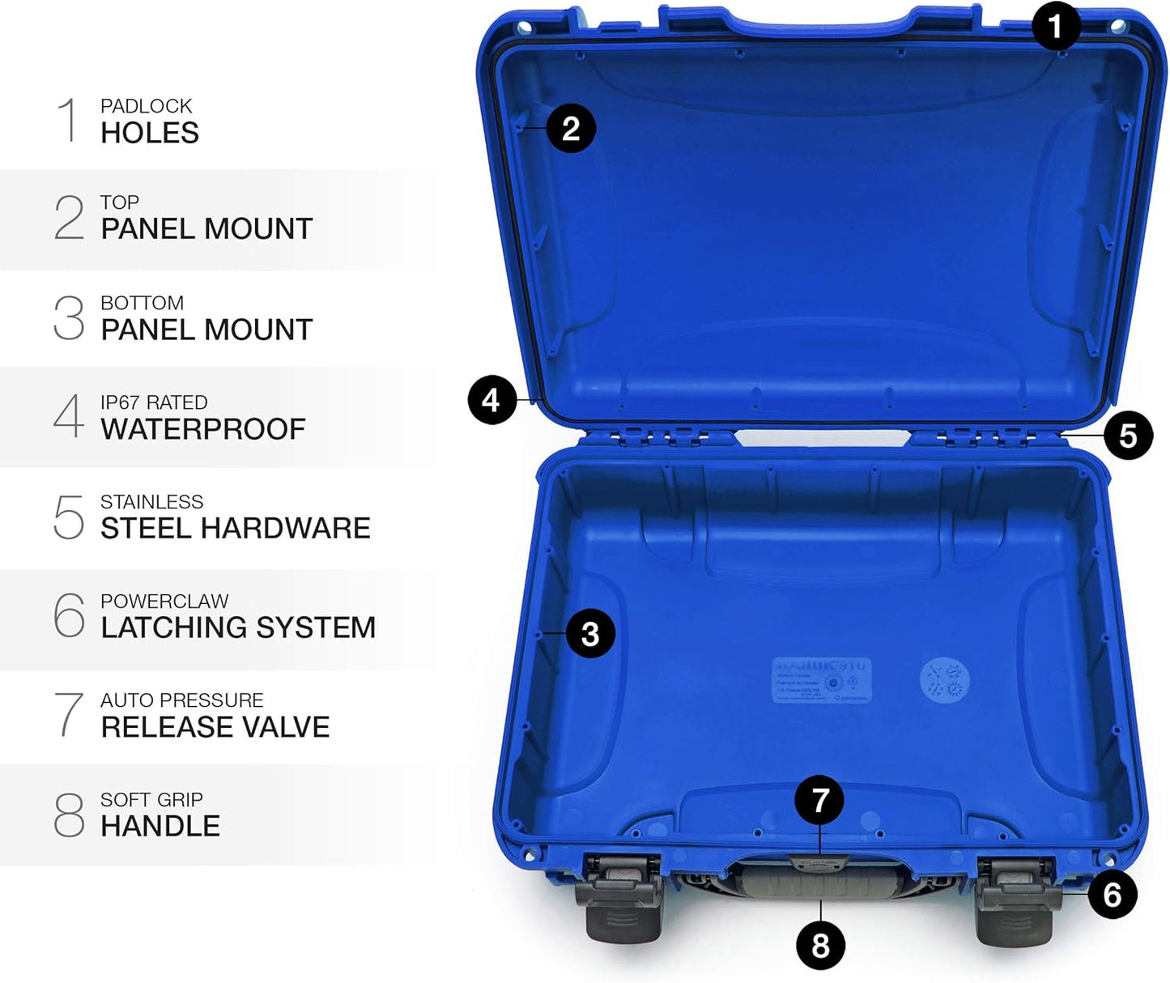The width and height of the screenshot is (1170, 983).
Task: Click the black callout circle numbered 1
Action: pos(1056,27)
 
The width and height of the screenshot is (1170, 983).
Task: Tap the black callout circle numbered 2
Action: pos(571,128)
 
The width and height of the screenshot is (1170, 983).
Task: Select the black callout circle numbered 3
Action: pos(590,633)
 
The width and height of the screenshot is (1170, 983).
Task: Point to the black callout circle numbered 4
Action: pos(491,400)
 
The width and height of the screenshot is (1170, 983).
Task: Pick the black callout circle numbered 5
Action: pos(1128,436)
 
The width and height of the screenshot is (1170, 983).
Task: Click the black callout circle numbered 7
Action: pos(820,800)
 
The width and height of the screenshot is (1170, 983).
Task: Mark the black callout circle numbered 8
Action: pos(820,945)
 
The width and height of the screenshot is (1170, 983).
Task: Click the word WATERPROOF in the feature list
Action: pos(203,429)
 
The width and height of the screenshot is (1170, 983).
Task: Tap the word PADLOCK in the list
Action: pos(147,106)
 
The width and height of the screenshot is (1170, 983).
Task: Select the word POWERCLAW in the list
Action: pos(164,601)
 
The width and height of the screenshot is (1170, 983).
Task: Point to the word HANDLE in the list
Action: pos(160,826)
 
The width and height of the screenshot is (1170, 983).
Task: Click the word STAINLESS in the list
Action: pos(152,502)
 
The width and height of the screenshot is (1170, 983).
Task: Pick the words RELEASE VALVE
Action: pos(215,727)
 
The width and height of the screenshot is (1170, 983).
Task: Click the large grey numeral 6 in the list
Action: pos(69,615)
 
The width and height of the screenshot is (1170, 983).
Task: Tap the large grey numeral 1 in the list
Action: pos(69,120)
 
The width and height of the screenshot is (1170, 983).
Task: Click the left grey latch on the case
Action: pos(619,901)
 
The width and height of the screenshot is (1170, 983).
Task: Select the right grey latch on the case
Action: pos(1017,901)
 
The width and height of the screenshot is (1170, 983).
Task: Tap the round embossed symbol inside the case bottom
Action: pos(944,679)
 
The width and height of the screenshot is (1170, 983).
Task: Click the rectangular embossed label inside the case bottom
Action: pos(821,679)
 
